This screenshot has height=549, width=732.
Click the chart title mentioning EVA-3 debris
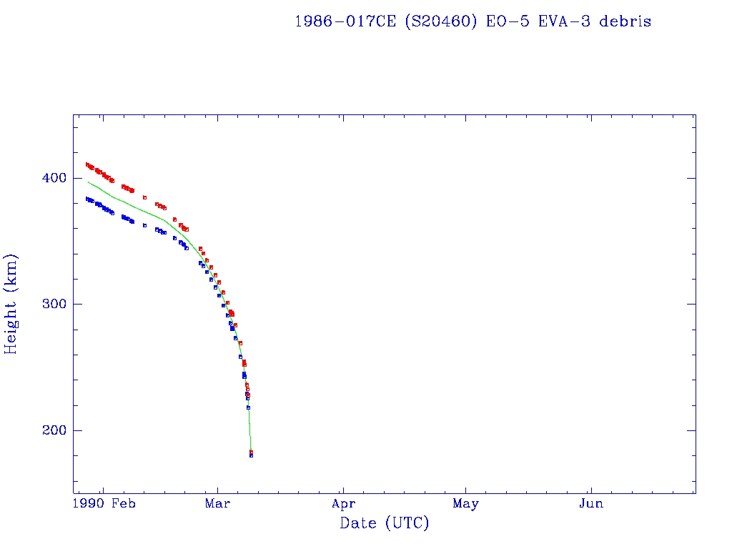(473, 21)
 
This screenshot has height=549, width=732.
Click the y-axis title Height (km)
(11, 304)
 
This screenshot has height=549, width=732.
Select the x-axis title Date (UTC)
(385, 524)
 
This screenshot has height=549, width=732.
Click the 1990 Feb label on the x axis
(104, 504)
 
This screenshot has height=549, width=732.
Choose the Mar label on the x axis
(217, 504)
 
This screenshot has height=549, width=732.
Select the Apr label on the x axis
(343, 504)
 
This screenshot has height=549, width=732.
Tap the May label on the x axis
(465, 504)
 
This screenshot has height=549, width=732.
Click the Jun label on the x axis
(591, 504)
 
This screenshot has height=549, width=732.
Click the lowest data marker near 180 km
(251, 455)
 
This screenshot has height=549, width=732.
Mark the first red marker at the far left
(87, 164)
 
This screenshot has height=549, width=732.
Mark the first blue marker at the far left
(87, 199)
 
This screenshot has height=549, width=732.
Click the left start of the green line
(88, 182)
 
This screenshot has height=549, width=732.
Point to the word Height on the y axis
(11, 322)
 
